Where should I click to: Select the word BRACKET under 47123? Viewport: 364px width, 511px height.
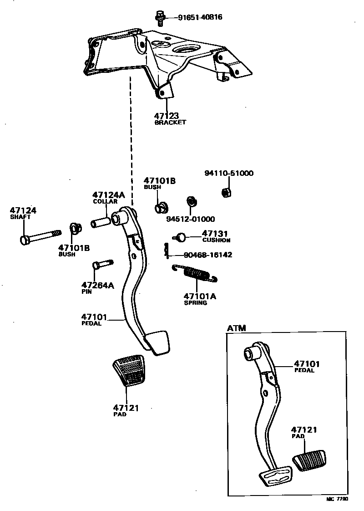(x=170, y=123)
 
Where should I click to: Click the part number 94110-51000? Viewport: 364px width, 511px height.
(x=229, y=173)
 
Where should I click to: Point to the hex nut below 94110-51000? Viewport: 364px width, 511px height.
(x=226, y=192)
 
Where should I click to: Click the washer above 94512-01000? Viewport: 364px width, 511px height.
(x=191, y=202)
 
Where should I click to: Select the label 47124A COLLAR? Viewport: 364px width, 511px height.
(x=108, y=198)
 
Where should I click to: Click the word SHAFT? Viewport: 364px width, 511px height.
(x=20, y=217)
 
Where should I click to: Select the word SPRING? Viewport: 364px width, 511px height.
(x=195, y=303)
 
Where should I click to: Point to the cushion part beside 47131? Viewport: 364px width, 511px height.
(x=181, y=237)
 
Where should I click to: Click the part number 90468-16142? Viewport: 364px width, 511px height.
(x=208, y=255)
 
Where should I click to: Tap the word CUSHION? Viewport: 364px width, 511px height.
(x=216, y=240)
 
